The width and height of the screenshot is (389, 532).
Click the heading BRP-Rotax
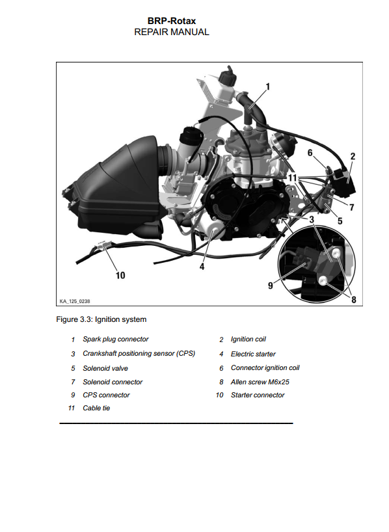172,21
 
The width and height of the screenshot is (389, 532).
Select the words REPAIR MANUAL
172,32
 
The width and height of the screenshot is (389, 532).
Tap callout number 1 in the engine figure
268,87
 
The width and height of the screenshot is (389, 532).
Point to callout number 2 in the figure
353,156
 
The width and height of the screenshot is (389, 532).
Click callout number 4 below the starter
202,267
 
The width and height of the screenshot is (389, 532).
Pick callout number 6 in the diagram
310,153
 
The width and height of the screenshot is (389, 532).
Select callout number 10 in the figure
120,275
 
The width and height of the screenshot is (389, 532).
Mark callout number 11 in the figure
293,178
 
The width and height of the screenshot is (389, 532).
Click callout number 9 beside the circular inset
271,286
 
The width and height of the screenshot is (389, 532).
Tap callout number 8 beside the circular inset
354,300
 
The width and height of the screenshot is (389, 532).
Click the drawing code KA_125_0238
75,301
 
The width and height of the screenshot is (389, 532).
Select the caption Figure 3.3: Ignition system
101,319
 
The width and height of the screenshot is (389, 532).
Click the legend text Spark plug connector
116,339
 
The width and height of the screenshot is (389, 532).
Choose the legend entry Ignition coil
248,339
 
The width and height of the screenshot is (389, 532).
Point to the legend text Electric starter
253,354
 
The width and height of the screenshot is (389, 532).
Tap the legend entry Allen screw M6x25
260,382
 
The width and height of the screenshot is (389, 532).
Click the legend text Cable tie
96,408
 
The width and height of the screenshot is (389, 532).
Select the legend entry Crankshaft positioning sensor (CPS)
139,354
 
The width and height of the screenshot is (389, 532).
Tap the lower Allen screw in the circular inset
323,280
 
